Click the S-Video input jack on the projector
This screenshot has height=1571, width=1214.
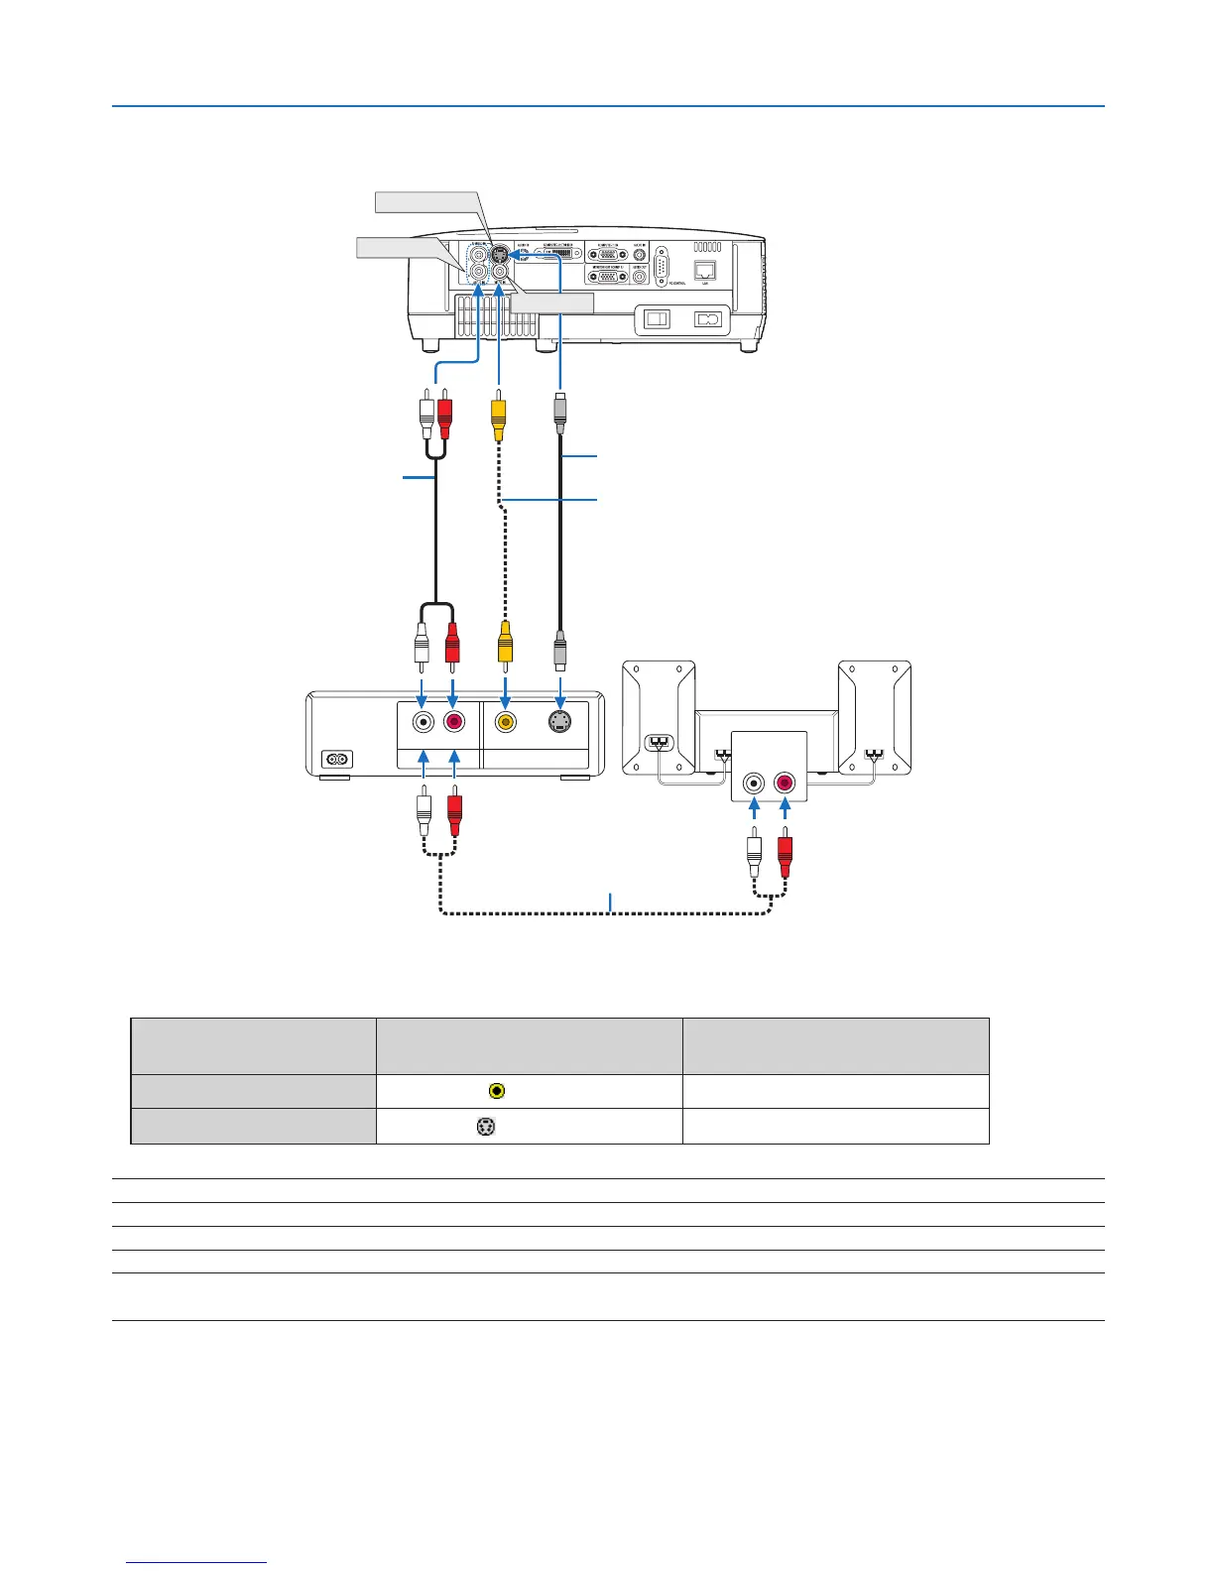tap(500, 252)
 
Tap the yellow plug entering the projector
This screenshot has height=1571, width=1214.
tap(498, 416)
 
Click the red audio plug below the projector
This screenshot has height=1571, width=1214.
tap(444, 415)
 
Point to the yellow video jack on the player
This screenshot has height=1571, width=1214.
tap(506, 722)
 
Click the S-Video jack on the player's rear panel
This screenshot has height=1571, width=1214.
tap(560, 722)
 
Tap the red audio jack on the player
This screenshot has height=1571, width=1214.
tap(454, 722)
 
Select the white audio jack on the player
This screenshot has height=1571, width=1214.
tap(424, 722)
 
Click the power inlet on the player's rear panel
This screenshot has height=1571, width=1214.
tap(336, 760)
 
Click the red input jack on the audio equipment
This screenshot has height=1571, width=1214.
tap(785, 783)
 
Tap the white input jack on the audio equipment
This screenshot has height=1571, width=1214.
tap(755, 783)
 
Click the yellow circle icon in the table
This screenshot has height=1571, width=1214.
tap(497, 1091)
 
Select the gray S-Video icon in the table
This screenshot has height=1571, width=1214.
tap(486, 1127)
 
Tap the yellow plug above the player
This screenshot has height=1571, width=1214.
tap(506, 643)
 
